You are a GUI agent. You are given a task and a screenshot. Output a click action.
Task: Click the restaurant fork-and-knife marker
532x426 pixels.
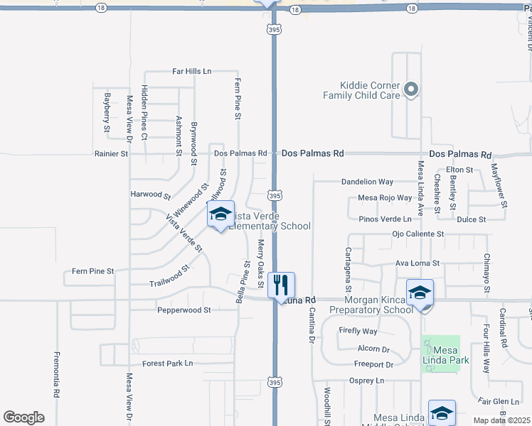pyautogui.click(x=281, y=285)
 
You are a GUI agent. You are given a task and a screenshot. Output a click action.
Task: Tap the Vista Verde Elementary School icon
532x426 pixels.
pyautogui.click(x=220, y=214)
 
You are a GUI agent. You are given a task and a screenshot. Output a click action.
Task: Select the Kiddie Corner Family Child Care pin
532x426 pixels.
pyautogui.click(x=410, y=89)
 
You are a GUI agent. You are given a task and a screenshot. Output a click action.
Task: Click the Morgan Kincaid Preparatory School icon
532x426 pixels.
pyautogui.click(x=420, y=293)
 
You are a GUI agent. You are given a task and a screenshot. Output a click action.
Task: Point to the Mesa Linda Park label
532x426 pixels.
pyautogui.click(x=441, y=354)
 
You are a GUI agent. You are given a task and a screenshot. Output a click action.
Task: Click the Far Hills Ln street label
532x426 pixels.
pyautogui.click(x=192, y=72)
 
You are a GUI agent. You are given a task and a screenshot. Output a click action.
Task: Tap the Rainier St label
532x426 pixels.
pyautogui.click(x=111, y=153)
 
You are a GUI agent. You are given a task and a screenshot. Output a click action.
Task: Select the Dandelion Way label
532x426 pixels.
pyautogui.click(x=367, y=182)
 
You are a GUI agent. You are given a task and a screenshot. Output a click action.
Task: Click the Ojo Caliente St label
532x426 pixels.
pyautogui.click(x=417, y=234)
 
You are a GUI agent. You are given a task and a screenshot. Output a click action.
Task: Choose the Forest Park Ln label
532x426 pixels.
pyautogui.click(x=167, y=364)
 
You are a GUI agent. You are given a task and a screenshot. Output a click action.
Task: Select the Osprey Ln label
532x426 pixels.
pyautogui.click(x=366, y=381)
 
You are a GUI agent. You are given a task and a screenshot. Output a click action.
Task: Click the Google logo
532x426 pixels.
pyautogui.click(x=23, y=417)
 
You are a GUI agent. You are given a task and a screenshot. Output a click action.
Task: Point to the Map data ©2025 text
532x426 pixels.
pyautogui.click(x=501, y=420)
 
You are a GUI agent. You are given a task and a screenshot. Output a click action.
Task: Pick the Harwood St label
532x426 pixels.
pyautogui.click(x=151, y=194)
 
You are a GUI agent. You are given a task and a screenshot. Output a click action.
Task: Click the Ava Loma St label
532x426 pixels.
pyautogui.click(x=417, y=263)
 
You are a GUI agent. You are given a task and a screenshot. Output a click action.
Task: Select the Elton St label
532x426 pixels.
pyautogui.click(x=459, y=170)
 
